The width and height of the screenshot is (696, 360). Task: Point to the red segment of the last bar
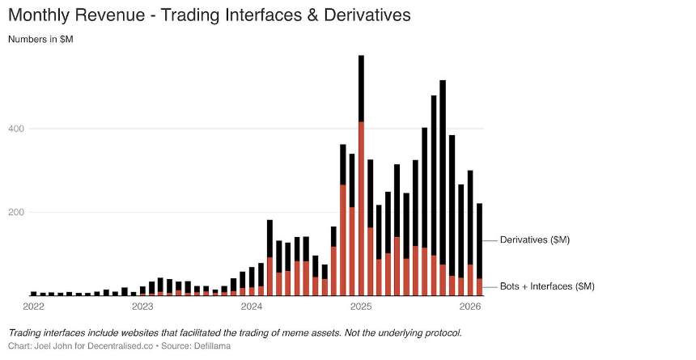click(480, 286)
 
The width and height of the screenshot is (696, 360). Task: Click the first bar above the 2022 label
click(34, 293)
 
